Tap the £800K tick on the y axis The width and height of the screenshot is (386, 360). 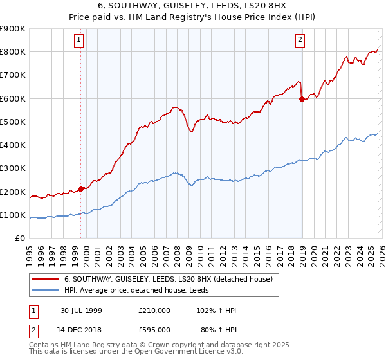pos(13,52)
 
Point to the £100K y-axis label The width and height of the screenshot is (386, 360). pos(13,215)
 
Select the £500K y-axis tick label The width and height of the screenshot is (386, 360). pos(13,122)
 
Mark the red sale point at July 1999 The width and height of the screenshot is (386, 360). pos(81,189)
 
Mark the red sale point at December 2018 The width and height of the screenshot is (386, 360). pos(302,99)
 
